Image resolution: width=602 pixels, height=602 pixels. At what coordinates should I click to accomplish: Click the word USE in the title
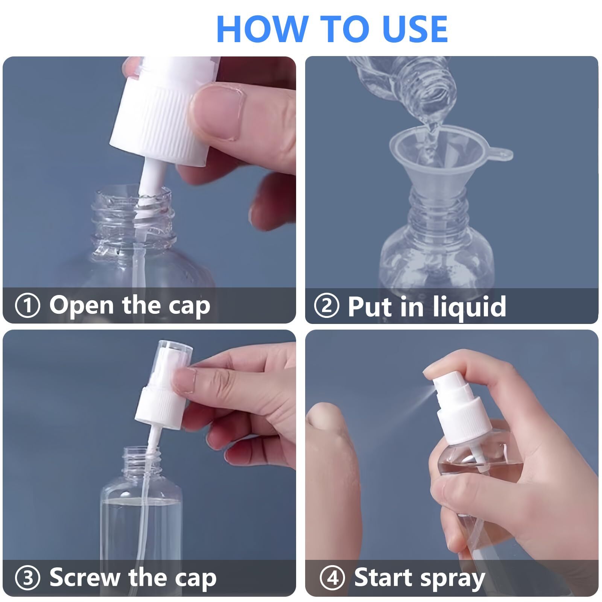[x=414, y=29]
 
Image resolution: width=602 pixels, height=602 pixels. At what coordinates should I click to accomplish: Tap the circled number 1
[x=27, y=306]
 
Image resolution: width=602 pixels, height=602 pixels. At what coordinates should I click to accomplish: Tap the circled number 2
[x=326, y=306]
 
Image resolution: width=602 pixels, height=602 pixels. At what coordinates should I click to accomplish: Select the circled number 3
[x=27, y=578]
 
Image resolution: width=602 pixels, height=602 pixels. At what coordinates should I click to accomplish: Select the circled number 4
[x=332, y=578]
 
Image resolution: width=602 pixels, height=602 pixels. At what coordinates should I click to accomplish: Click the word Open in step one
[x=81, y=306]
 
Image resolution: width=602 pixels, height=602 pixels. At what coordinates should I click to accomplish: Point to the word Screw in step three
[x=85, y=578]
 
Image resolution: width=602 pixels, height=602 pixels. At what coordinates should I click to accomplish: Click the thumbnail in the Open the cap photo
[x=218, y=113]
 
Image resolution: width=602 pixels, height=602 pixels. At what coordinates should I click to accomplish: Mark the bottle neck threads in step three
[x=139, y=461]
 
